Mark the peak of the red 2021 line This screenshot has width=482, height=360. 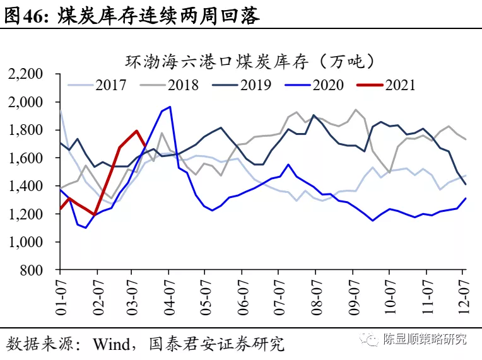[136, 131]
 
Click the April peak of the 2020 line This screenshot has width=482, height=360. [170, 107]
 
